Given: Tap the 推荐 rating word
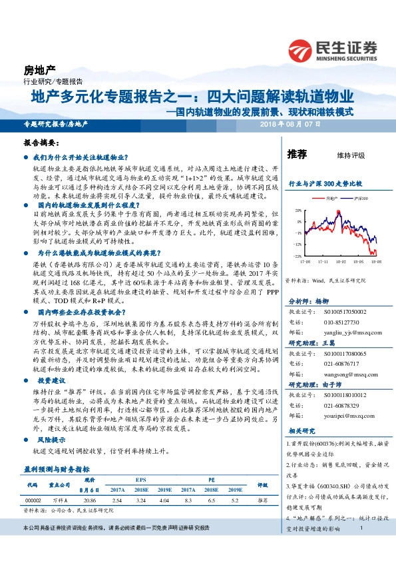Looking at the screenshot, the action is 296,155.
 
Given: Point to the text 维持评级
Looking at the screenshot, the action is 351,155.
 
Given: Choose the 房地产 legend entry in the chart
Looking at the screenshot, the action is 331,198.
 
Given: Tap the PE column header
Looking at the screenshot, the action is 211,478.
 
